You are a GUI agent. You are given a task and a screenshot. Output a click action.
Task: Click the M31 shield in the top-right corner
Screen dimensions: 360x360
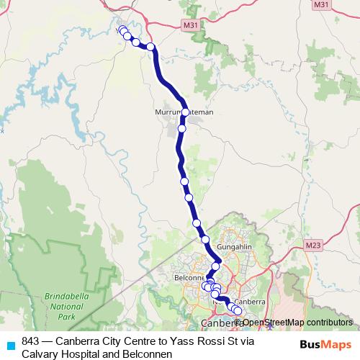point(342,5)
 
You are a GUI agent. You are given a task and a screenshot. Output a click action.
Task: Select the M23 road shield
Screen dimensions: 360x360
point(312,246)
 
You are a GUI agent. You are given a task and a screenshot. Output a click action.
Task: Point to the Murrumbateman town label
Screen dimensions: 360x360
point(184,113)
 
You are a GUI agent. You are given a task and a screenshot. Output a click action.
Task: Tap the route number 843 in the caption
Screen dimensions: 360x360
point(31,341)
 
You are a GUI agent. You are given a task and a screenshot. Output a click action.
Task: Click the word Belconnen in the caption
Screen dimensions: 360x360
point(148,354)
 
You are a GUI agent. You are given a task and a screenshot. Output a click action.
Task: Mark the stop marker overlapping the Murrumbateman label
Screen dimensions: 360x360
point(186,112)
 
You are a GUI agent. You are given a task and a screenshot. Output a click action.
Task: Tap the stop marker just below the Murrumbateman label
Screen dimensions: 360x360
point(182,129)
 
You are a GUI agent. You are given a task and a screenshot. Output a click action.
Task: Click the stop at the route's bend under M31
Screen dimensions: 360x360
point(151,47)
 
